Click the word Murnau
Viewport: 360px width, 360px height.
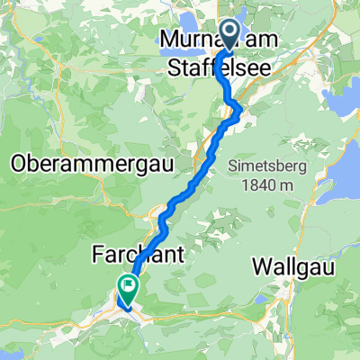190,39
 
